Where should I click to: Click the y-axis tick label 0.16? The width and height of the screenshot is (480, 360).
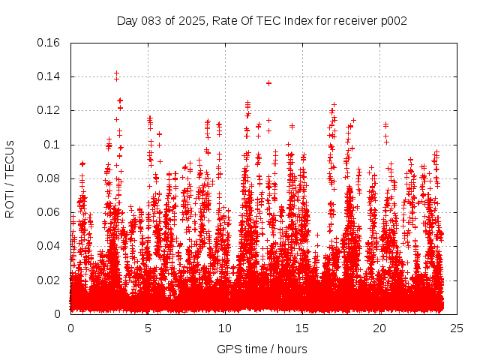point(49,43)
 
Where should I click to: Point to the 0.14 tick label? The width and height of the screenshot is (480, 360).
point(49,76)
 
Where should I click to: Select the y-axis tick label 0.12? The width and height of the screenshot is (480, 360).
point(49,110)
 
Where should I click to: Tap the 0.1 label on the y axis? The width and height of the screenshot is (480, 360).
point(52,145)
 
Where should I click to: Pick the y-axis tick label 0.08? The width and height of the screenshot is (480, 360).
point(49,178)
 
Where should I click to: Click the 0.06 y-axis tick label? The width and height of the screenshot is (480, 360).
point(49,212)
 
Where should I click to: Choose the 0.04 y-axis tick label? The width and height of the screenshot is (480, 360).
point(49,246)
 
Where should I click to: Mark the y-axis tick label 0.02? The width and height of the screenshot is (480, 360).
point(49,280)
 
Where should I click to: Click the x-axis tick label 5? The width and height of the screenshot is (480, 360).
point(148,328)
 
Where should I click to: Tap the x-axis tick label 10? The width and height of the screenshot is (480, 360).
point(225,328)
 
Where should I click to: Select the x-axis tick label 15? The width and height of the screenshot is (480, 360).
point(302,328)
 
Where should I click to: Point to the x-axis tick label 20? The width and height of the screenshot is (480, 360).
point(379,328)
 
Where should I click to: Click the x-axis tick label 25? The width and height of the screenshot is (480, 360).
point(457,328)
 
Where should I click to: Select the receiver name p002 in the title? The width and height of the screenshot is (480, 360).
point(392,21)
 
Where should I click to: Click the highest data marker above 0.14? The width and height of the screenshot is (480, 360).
point(116,73)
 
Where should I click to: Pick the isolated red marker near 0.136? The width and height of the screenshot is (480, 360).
point(268,83)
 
